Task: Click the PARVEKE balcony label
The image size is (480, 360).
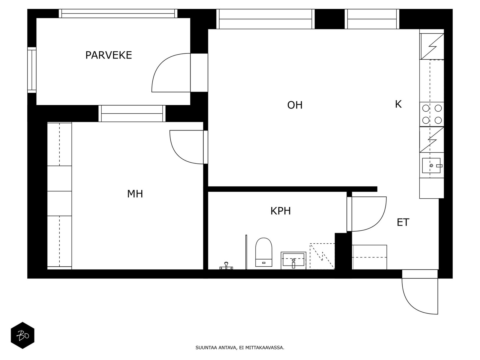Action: tap(109, 55)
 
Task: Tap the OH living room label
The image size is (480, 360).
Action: tap(295, 105)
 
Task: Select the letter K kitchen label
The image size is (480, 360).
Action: tap(398, 104)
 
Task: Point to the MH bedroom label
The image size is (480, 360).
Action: tap(135, 194)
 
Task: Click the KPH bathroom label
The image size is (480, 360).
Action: tap(280, 211)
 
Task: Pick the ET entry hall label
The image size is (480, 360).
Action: tap(403, 223)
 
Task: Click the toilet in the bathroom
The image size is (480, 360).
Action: tap(263, 252)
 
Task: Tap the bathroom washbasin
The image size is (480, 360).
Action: tap(293, 260)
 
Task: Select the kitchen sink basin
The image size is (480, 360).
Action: tap(431, 166)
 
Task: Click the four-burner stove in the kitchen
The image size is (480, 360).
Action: tap(432, 114)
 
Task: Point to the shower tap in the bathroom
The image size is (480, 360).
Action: tap(226, 266)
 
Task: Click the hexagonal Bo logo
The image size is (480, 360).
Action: tap(22, 335)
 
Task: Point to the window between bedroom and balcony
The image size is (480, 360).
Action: tap(132, 113)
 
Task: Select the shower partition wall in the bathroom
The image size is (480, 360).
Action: tap(246, 252)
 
